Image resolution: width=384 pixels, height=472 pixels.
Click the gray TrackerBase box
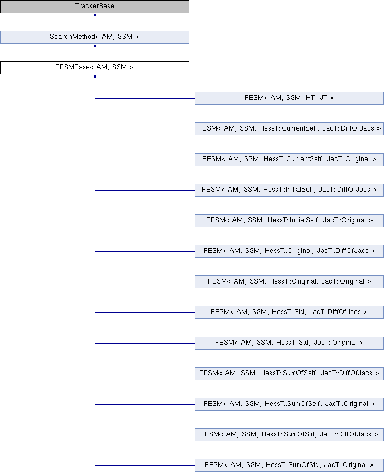click(x=95, y=7)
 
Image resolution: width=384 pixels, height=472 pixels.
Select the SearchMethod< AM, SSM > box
click(x=95, y=37)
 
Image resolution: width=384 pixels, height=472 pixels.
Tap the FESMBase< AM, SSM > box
click(x=95, y=68)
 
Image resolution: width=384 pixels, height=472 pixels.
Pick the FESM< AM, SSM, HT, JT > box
click(x=289, y=98)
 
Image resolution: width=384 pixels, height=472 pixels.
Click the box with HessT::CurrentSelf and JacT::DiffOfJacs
click(x=289, y=129)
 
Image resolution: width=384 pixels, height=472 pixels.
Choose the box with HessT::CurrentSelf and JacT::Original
click(x=289, y=159)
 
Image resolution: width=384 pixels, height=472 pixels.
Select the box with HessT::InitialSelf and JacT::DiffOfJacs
click(x=289, y=190)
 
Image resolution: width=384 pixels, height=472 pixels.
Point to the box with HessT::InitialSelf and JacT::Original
click(x=289, y=221)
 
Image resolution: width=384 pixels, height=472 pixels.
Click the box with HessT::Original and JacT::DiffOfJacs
click(x=289, y=251)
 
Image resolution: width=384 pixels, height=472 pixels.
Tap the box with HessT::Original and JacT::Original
click(x=289, y=282)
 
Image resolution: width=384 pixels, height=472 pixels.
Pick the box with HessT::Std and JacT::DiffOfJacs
click(x=289, y=312)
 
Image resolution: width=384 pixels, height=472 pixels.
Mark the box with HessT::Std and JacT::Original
click(x=289, y=343)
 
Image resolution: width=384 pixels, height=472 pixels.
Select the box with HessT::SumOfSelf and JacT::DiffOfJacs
click(x=289, y=374)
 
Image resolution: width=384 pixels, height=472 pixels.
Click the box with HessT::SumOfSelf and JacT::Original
click(x=289, y=404)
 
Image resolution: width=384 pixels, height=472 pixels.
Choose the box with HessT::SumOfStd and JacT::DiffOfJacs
click(x=289, y=435)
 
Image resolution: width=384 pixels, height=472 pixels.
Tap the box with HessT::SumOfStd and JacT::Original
click(x=289, y=465)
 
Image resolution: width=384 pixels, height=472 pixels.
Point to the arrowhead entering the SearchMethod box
click(x=95, y=46)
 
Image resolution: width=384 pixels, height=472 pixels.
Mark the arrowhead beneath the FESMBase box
click(x=95, y=76)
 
